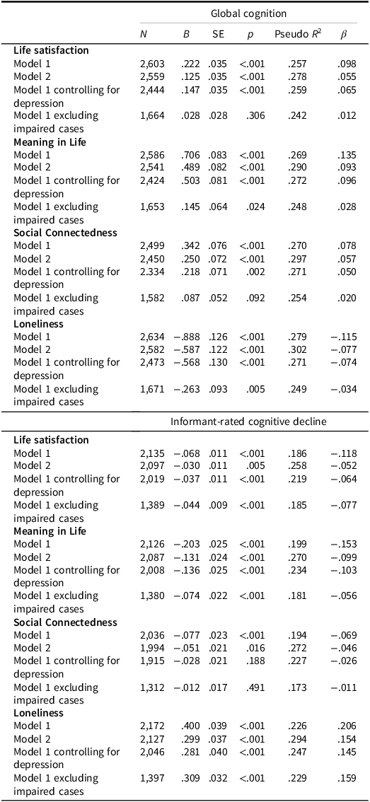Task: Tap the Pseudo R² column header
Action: point(297,33)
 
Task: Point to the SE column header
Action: point(218,33)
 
